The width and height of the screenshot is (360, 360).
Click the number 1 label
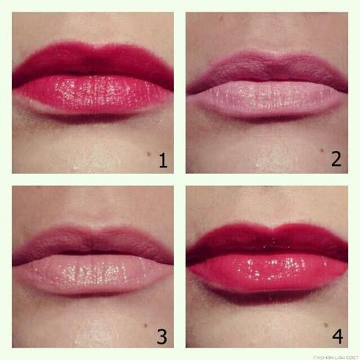pos(163,160)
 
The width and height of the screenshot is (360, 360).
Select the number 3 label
pos(162,336)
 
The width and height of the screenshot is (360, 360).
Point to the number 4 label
pos(337,336)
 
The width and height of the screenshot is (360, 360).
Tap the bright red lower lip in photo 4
pos(266,270)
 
